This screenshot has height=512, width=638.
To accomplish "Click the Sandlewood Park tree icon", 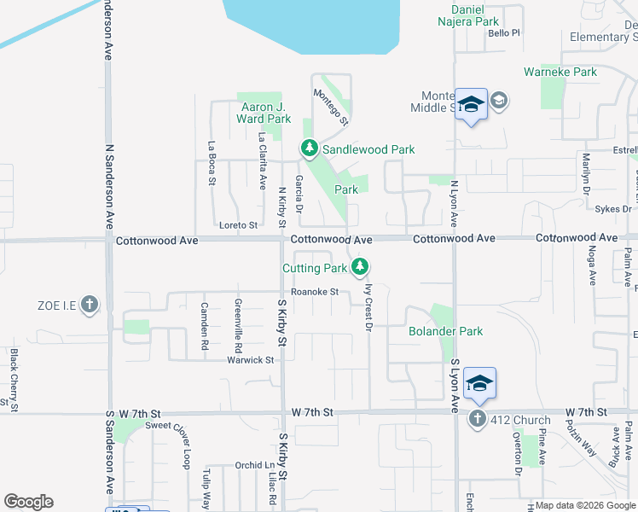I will point(309,149).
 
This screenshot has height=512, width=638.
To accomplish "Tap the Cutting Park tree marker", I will point(360,268).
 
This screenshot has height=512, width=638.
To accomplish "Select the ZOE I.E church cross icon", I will point(90,305).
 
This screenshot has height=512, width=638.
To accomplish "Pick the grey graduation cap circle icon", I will point(499,102).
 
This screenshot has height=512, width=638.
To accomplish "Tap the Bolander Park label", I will point(445,331).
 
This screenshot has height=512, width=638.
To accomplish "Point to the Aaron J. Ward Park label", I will point(261,113).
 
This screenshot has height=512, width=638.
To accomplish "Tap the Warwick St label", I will point(250,360).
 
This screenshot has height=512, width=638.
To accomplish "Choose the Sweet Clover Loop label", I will point(168,431).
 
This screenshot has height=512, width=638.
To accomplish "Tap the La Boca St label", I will point(211,163).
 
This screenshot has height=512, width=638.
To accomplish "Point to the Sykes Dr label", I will point(613,208).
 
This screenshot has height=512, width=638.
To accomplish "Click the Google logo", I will point(28,502).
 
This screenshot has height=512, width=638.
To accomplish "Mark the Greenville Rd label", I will point(239,326).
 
